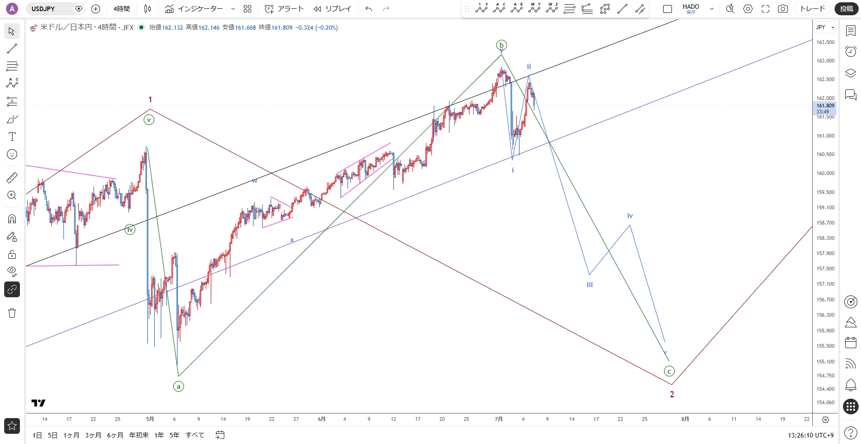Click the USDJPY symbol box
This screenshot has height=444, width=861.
55,9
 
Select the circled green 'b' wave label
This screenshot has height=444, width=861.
501,45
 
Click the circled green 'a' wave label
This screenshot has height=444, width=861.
178,386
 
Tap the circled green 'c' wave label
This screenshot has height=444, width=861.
669,371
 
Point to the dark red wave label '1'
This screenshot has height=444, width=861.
150,100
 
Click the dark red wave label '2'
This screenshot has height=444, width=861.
672,394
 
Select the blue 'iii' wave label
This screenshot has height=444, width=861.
589,285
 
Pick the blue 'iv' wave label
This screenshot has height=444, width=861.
630,216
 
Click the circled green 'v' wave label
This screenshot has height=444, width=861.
149,120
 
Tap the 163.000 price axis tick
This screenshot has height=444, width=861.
825,61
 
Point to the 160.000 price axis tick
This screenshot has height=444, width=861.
825,173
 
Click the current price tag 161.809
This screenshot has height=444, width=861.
825,106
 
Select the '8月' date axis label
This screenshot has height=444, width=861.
685,419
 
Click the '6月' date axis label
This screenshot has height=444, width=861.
322,419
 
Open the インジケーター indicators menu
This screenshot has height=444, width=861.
200,9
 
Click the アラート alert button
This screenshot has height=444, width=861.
284,9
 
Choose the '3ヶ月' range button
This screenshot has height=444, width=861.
93,435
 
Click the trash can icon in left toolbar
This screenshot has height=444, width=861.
12,313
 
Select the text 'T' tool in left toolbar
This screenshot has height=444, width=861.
12,137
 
